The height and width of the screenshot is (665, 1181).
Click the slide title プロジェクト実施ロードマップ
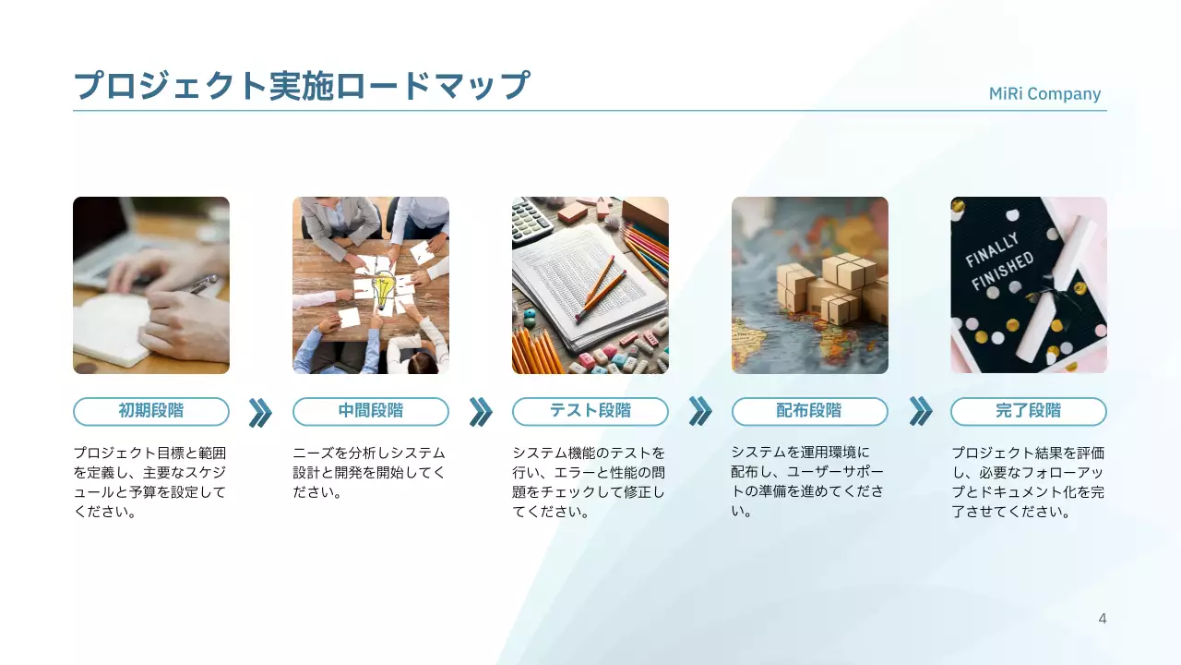302,85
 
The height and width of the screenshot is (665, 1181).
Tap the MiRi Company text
1044,94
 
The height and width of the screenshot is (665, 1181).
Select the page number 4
1102,619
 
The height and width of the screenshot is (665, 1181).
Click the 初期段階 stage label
151,411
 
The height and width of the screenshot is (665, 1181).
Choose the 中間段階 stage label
371,411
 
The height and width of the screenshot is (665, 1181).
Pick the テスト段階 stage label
590,411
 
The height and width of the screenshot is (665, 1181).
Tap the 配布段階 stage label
810,411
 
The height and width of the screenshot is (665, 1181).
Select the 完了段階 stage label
1029,411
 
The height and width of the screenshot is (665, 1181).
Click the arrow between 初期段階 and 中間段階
260,412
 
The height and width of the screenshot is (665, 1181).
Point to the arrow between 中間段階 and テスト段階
481,412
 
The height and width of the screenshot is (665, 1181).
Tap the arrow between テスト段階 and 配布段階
700,412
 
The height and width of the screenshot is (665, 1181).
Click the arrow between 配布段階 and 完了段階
920,412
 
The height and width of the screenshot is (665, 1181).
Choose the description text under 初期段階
149,482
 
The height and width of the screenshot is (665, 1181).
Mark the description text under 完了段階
1028,482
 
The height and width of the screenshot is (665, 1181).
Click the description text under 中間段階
369,472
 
